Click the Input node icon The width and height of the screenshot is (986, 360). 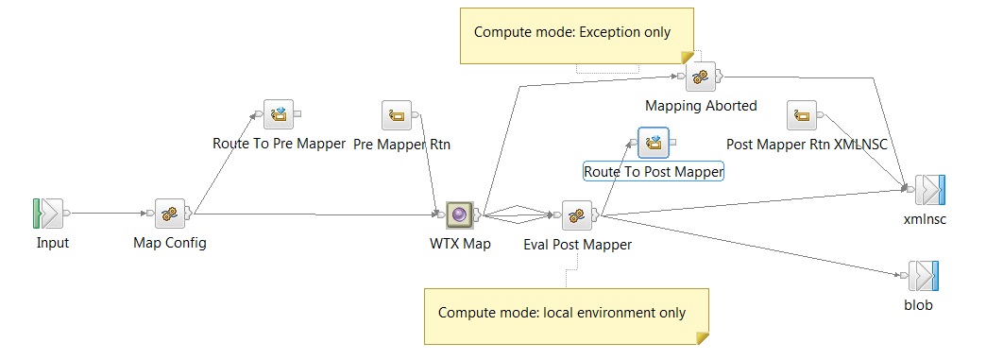[50, 214]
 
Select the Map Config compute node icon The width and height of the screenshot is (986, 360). [170, 214]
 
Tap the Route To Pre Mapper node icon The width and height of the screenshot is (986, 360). [278, 114]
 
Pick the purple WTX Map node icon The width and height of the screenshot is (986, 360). [460, 214]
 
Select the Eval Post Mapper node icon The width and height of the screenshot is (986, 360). [577, 214]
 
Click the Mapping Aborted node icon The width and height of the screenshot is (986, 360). [700, 77]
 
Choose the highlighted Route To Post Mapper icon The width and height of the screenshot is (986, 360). [653, 143]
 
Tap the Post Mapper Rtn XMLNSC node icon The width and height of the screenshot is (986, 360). [802, 116]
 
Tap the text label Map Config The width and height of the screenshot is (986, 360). [170, 243]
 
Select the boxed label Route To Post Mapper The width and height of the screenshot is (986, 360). [654, 171]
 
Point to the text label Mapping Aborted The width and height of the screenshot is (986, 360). [701, 106]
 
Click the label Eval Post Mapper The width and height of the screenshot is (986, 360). [577, 245]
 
